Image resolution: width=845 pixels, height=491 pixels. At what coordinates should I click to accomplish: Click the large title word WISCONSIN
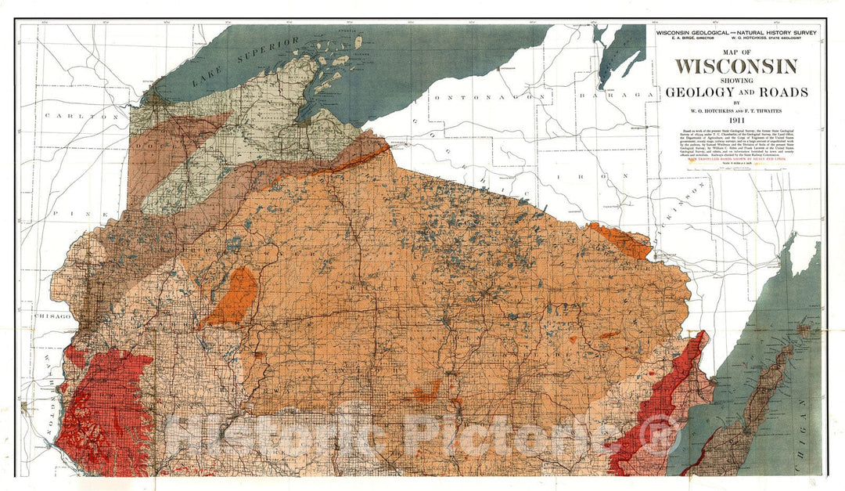736,66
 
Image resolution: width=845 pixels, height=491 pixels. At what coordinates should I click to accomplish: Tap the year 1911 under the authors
736,120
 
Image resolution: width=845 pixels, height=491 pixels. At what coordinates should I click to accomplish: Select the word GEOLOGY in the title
699,92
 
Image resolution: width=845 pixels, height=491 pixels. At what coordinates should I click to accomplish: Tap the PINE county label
66,212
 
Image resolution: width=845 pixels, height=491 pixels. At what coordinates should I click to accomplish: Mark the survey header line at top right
736,34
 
